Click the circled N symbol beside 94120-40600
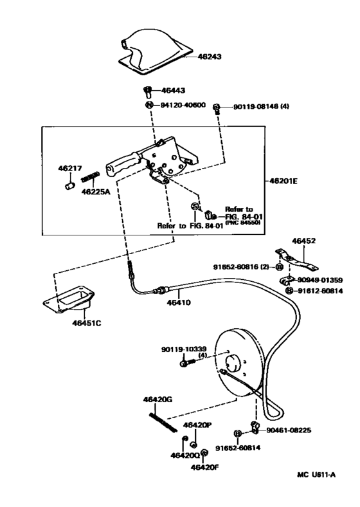[x=147, y=105]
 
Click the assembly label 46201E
[x=282, y=181]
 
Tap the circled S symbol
[x=195, y=206]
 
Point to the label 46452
[x=303, y=241]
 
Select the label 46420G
[x=157, y=400]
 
